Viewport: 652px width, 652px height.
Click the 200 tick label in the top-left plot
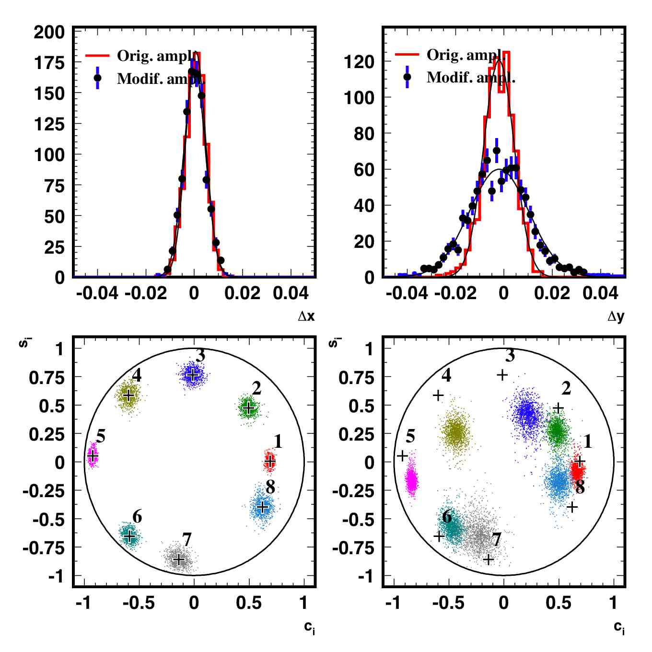click(49, 33)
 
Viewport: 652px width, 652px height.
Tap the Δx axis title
click(306, 316)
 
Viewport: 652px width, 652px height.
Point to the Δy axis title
click(616, 316)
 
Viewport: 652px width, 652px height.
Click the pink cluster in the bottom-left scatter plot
click(93, 455)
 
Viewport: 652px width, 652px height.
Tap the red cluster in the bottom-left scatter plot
click(270, 461)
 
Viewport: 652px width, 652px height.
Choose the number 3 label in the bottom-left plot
click(200, 356)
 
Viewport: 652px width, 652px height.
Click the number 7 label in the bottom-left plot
click(186, 539)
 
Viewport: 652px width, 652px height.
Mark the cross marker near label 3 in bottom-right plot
click(502, 375)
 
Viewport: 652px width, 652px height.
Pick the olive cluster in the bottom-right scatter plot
click(455, 432)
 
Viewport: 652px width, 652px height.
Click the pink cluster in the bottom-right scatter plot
click(411, 479)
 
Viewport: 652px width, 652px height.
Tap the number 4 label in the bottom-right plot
click(446, 375)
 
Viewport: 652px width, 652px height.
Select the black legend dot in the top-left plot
click(97, 78)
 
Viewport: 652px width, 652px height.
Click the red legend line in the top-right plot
click(407, 54)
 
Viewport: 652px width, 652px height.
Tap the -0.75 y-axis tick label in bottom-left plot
click(44, 547)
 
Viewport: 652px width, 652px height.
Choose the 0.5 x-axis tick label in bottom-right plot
click(558, 603)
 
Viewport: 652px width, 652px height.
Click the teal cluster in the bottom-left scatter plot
click(129, 535)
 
